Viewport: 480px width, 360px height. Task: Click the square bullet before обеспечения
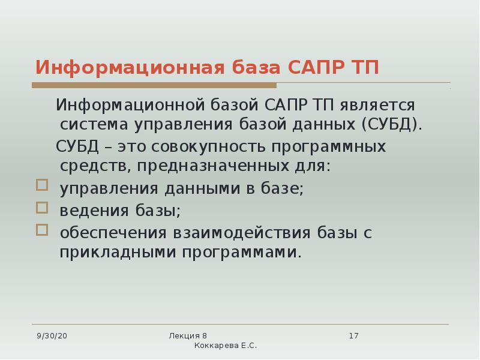tap(41, 230)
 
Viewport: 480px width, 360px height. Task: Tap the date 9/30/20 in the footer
tap(52, 335)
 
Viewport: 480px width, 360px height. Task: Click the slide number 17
tap(353, 335)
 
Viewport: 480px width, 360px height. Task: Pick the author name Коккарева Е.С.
tap(226, 347)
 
